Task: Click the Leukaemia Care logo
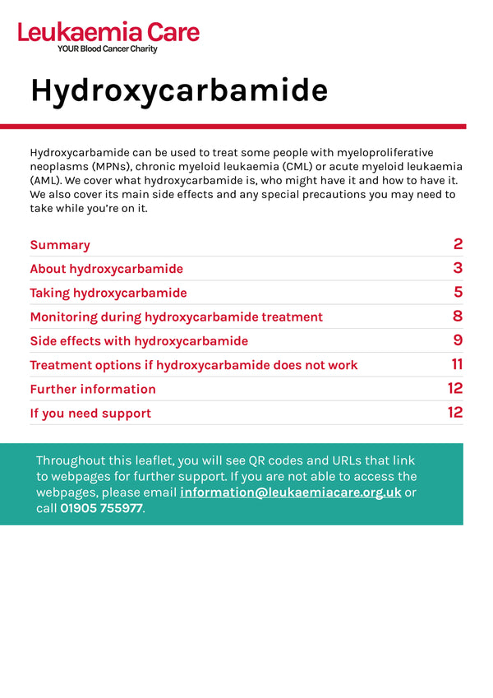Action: (108, 33)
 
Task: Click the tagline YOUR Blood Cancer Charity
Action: (107, 49)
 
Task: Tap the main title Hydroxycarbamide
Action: (179, 90)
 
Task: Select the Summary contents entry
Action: (60, 245)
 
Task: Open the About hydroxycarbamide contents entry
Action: (106, 269)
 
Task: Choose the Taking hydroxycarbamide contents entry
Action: (108, 293)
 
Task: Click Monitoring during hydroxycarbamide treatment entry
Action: (176, 317)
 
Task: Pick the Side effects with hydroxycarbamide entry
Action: (138, 340)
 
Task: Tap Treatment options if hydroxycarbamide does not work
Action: (193, 365)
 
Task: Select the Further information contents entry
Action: (92, 389)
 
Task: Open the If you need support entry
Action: (90, 413)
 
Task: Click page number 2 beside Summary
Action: (458, 244)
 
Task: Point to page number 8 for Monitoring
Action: (458, 317)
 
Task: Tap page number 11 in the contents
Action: (457, 364)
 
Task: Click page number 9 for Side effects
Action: (458, 340)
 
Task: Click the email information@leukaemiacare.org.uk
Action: (290, 492)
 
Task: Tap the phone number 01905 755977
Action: (101, 508)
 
